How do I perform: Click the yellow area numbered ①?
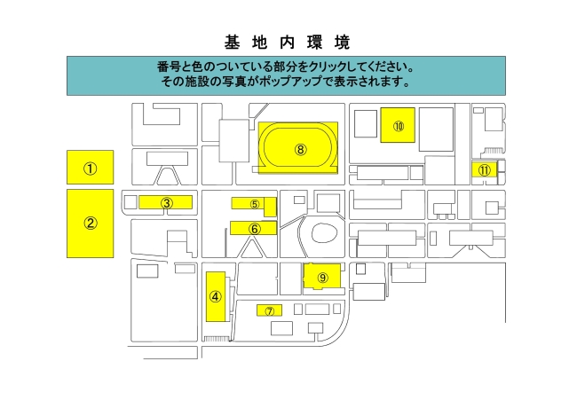tap(91, 168)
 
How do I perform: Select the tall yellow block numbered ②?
tap(91, 224)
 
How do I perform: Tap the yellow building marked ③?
tap(166, 202)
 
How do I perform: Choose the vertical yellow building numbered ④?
tap(216, 296)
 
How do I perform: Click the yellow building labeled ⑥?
tap(254, 228)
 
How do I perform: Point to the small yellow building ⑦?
tap(269, 310)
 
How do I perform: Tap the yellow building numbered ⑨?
tap(322, 277)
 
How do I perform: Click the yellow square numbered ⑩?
tap(398, 125)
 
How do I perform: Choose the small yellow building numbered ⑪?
tap(485, 169)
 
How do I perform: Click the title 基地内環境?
tap(287, 43)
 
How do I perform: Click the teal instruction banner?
tap(287, 75)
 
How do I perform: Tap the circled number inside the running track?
tap(301, 150)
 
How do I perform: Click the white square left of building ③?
tap(130, 202)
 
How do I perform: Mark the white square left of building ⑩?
tap(366, 124)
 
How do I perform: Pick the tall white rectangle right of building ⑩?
tap(437, 129)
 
